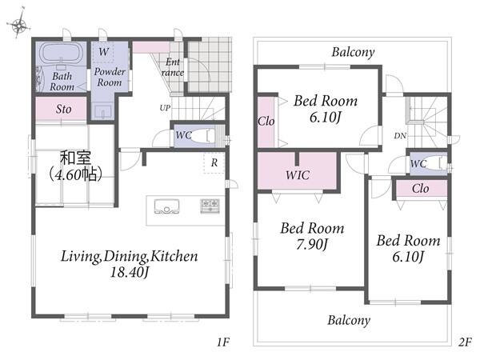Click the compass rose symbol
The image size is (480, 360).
point(19,25)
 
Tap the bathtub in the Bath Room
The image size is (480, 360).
point(62,54)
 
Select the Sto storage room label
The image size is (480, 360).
point(64,109)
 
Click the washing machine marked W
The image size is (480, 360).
point(103,52)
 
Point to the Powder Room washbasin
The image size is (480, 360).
point(103,111)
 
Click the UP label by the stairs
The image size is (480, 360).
point(165,108)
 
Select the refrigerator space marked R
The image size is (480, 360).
point(214,162)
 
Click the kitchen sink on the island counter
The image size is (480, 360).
point(166,206)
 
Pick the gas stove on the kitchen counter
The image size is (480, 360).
point(210,206)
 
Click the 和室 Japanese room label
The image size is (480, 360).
point(75,158)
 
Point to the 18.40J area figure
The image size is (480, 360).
point(129,272)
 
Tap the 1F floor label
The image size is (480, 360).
point(223,342)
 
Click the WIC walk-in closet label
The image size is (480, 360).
point(298,175)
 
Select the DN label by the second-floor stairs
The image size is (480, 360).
point(400,136)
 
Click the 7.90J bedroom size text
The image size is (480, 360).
point(312,244)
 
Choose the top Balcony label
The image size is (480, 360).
point(353,52)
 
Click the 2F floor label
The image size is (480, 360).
point(465,342)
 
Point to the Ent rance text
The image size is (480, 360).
point(173,67)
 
